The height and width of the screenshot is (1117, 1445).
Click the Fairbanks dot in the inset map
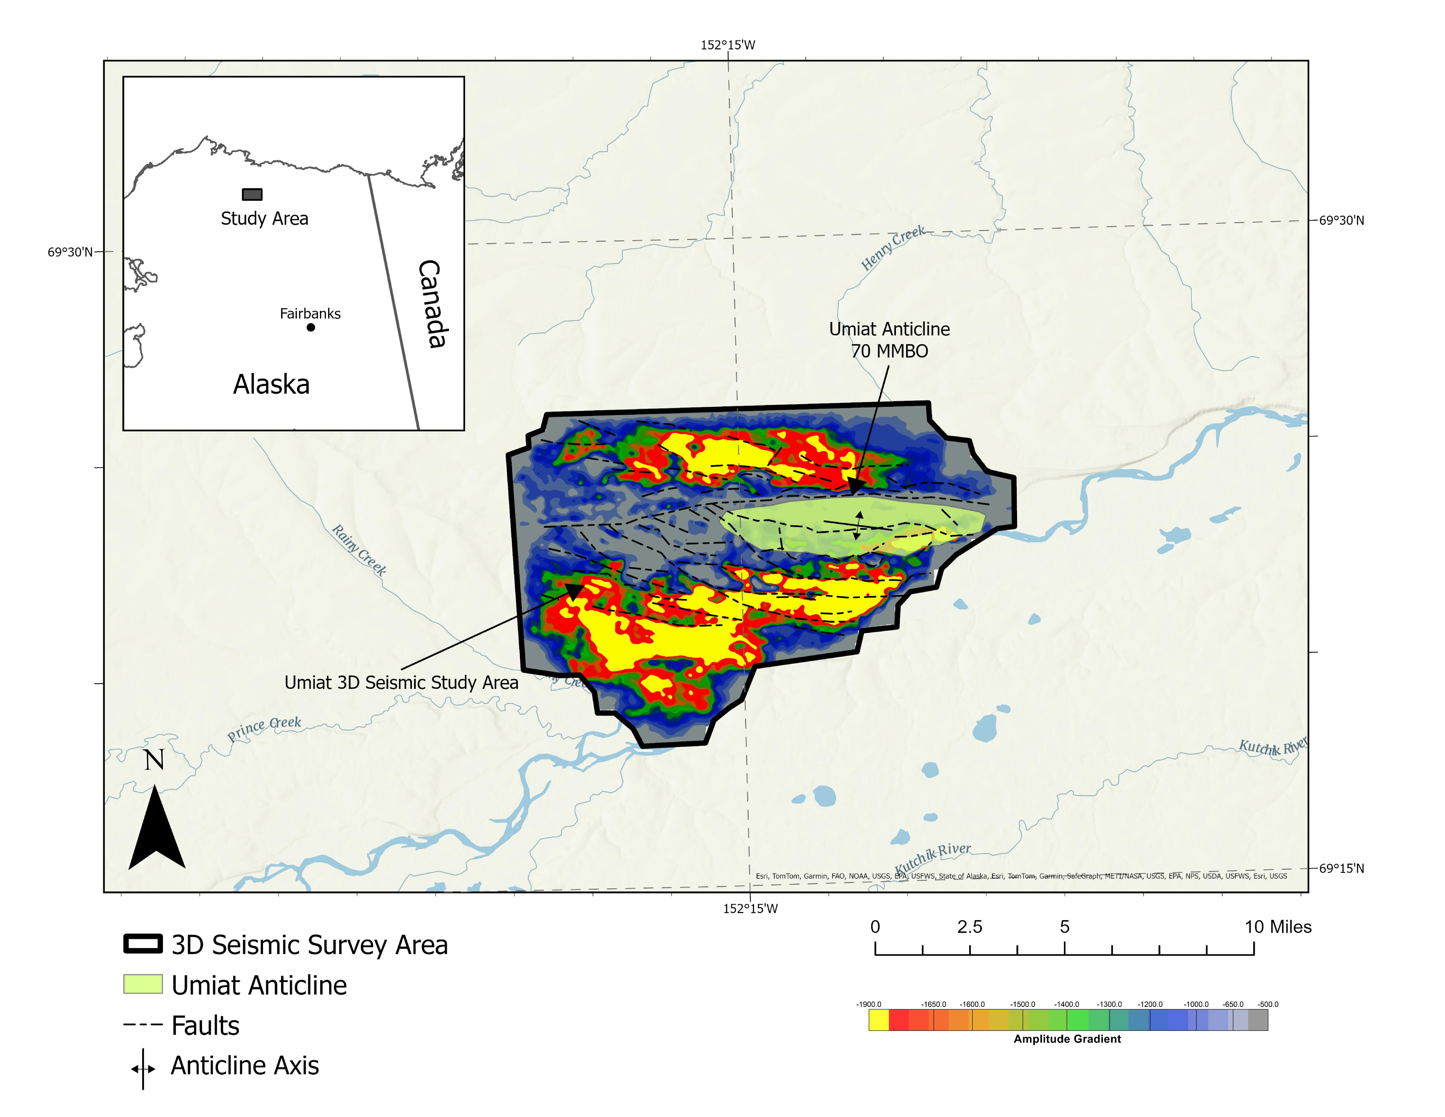click(310, 327)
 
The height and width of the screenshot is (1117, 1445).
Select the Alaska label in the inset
click(271, 385)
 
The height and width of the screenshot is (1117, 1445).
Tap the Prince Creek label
click(264, 729)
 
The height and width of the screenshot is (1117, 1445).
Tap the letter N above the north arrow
click(154, 760)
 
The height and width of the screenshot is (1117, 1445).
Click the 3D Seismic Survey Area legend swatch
click(143, 944)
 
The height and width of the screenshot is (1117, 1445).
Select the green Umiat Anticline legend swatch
click(143, 984)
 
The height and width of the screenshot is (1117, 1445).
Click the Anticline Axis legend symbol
click(143, 1068)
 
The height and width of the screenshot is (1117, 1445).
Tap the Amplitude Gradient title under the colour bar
click(1067, 1039)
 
